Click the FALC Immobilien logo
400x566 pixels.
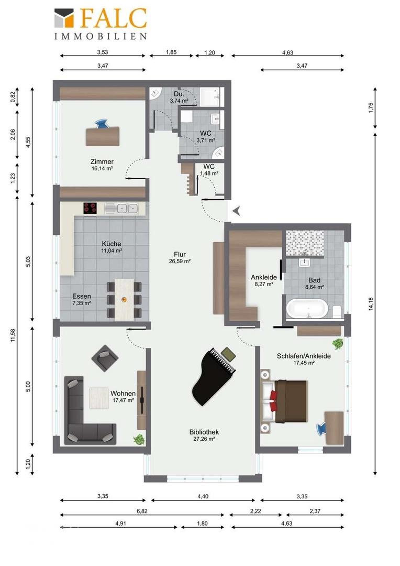(x=101, y=24)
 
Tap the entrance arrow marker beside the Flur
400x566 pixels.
(x=237, y=211)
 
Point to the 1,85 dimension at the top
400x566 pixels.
(x=171, y=52)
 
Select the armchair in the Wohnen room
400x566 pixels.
(x=104, y=358)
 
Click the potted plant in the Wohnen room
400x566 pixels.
(x=139, y=439)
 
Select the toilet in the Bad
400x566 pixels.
(x=337, y=311)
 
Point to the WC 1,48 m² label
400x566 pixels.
(x=209, y=170)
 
